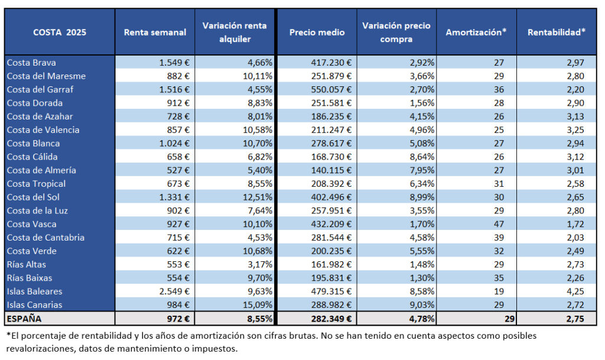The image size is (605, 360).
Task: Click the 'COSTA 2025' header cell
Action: (60, 33)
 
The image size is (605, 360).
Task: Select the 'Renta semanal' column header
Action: (155, 33)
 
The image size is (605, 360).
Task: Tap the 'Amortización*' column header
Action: (476, 33)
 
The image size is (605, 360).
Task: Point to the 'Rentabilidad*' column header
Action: (557, 33)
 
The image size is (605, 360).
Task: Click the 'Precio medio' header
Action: (317, 33)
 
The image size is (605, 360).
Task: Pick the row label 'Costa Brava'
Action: (31, 63)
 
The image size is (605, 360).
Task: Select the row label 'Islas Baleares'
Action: (34, 291)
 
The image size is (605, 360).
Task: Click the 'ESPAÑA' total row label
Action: (24, 319)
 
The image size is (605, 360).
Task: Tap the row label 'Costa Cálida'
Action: (32, 157)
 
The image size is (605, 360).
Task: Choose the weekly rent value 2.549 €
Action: (174, 291)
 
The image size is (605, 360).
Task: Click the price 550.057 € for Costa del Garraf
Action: (331, 89)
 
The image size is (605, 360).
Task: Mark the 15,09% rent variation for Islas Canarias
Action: (258, 305)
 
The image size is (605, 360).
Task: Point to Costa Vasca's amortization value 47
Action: (499, 224)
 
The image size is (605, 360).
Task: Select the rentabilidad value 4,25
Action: (575, 291)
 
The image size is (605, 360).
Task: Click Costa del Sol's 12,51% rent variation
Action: (258, 197)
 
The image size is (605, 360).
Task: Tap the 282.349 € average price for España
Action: (331, 319)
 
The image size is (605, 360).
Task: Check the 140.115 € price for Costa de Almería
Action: (331, 170)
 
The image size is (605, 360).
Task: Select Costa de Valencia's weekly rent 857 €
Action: (178, 130)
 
